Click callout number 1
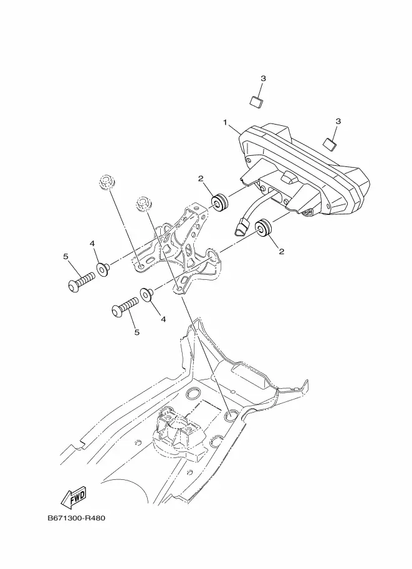(226, 123)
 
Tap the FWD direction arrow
(74, 497)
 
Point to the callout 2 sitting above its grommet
(201, 179)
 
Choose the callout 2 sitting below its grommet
(281, 252)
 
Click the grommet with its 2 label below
(264, 227)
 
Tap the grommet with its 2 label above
(220, 203)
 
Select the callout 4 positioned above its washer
(92, 244)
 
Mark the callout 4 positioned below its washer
(163, 318)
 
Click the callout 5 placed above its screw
(65, 256)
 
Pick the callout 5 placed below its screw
(137, 332)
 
